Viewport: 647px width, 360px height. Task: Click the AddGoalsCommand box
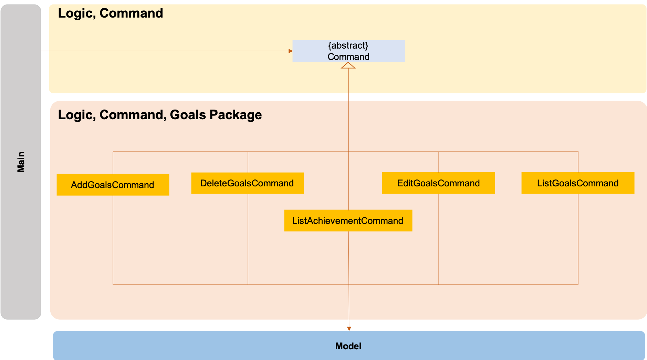pos(113,185)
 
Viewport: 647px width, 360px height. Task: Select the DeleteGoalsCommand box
pos(247,183)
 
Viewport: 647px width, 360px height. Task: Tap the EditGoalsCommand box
pos(438,183)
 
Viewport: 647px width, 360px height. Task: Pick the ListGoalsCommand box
pos(577,183)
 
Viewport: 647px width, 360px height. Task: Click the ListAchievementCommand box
pos(348,220)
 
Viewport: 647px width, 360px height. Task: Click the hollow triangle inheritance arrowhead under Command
pos(348,65)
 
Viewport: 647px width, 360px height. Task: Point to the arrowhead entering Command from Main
pos(291,51)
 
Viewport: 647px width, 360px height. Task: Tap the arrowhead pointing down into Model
pos(349,328)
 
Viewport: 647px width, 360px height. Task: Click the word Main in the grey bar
pos(21,162)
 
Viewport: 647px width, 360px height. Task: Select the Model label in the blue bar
pos(348,346)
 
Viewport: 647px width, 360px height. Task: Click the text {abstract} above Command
pos(348,45)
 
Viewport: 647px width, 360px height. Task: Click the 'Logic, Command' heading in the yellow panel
pos(110,13)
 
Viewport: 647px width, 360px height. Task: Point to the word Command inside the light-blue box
pos(348,57)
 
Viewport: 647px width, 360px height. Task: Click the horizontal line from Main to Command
pos(165,51)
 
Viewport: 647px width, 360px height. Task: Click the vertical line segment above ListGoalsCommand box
pos(578,162)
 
